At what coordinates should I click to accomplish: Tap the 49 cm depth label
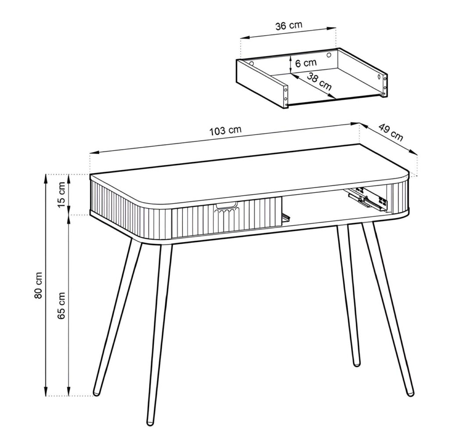[390, 132]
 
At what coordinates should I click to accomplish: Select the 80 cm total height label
[38, 285]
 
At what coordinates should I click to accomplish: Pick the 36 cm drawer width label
[289, 25]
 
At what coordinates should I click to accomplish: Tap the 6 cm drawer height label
[306, 63]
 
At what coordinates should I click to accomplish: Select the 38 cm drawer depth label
[319, 82]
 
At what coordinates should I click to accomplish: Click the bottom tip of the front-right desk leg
[410, 394]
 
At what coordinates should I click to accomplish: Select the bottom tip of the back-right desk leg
[356, 363]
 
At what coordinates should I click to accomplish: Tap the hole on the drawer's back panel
[329, 55]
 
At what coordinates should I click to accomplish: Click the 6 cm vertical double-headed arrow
[291, 63]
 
